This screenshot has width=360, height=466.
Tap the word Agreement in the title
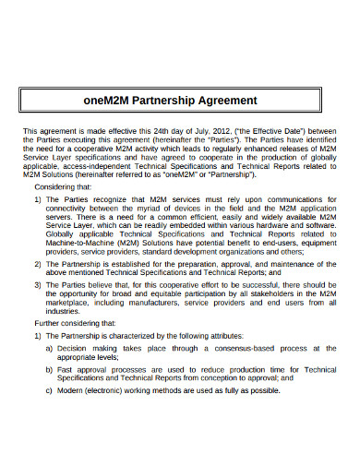pyautogui.click(x=228, y=100)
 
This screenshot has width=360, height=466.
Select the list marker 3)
pyautogui.click(x=38, y=286)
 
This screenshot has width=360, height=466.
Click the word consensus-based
pyautogui.click(x=248, y=348)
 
